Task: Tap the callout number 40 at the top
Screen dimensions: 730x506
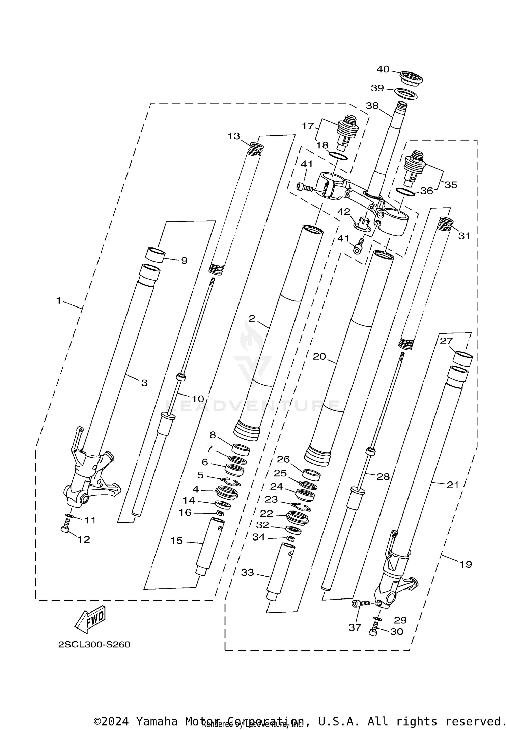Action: (383, 69)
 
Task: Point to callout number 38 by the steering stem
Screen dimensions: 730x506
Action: (372, 106)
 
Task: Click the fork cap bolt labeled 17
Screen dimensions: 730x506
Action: (348, 133)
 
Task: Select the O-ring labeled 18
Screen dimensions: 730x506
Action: (338, 156)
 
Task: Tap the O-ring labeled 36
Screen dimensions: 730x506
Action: (405, 192)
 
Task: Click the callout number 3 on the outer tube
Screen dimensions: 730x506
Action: (144, 383)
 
